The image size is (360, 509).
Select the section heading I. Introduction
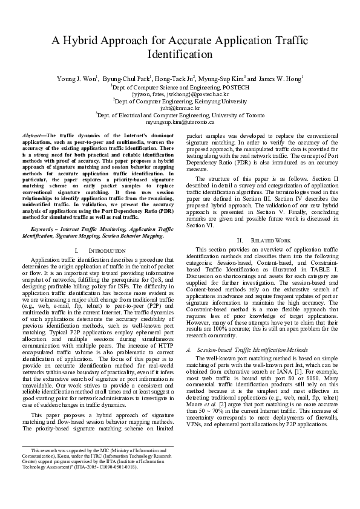pos(99,250)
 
